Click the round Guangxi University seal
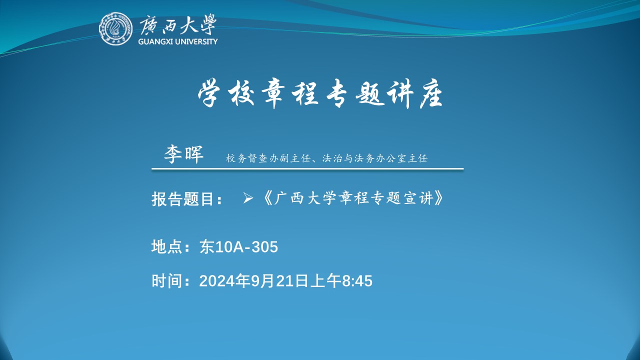(115, 28)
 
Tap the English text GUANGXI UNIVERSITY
(177, 41)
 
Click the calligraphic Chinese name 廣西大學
(177, 24)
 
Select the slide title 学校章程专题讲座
(320, 94)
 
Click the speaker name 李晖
(183, 154)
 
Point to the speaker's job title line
(326, 158)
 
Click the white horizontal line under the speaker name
(307, 169)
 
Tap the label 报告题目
(183, 199)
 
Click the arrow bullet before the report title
(247, 198)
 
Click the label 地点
(167, 246)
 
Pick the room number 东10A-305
(238, 247)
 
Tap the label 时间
(167, 280)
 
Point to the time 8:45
(357, 281)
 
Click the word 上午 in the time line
(325, 280)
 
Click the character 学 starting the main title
(209, 94)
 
